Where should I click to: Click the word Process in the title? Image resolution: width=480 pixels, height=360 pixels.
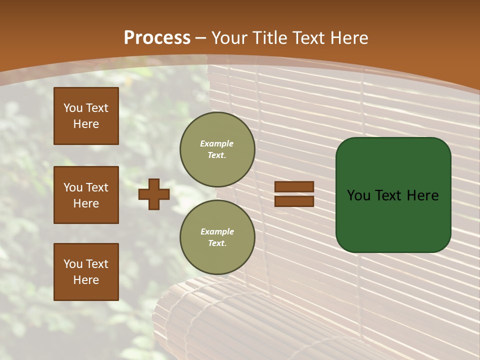(157, 38)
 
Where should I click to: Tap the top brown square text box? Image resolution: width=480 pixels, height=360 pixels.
(86, 116)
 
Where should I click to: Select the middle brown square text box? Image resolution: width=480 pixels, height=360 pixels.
(86, 195)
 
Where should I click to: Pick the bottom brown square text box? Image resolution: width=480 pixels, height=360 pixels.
(86, 271)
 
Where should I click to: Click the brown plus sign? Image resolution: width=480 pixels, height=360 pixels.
(154, 194)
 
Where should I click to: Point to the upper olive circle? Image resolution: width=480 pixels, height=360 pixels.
(217, 149)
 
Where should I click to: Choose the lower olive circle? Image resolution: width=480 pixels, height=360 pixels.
(217, 237)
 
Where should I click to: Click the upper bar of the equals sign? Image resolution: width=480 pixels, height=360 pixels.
(294, 186)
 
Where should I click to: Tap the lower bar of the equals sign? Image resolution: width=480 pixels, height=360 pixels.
(294, 201)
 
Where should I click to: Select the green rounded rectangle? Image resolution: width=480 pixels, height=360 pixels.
(393, 195)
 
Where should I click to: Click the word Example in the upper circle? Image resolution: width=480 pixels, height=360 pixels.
(217, 144)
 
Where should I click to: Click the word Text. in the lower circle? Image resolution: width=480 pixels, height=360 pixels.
(217, 243)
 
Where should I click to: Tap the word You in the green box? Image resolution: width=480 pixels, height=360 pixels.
(358, 195)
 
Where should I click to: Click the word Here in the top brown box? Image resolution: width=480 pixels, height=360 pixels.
(86, 124)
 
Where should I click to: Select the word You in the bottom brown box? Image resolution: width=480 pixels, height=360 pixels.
(73, 264)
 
